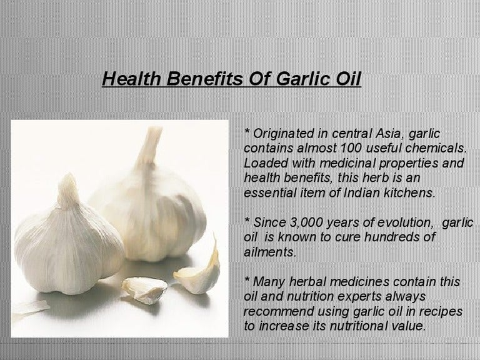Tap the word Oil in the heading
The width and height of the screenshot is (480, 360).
[346, 79]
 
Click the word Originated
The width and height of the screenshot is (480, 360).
[286, 134]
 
